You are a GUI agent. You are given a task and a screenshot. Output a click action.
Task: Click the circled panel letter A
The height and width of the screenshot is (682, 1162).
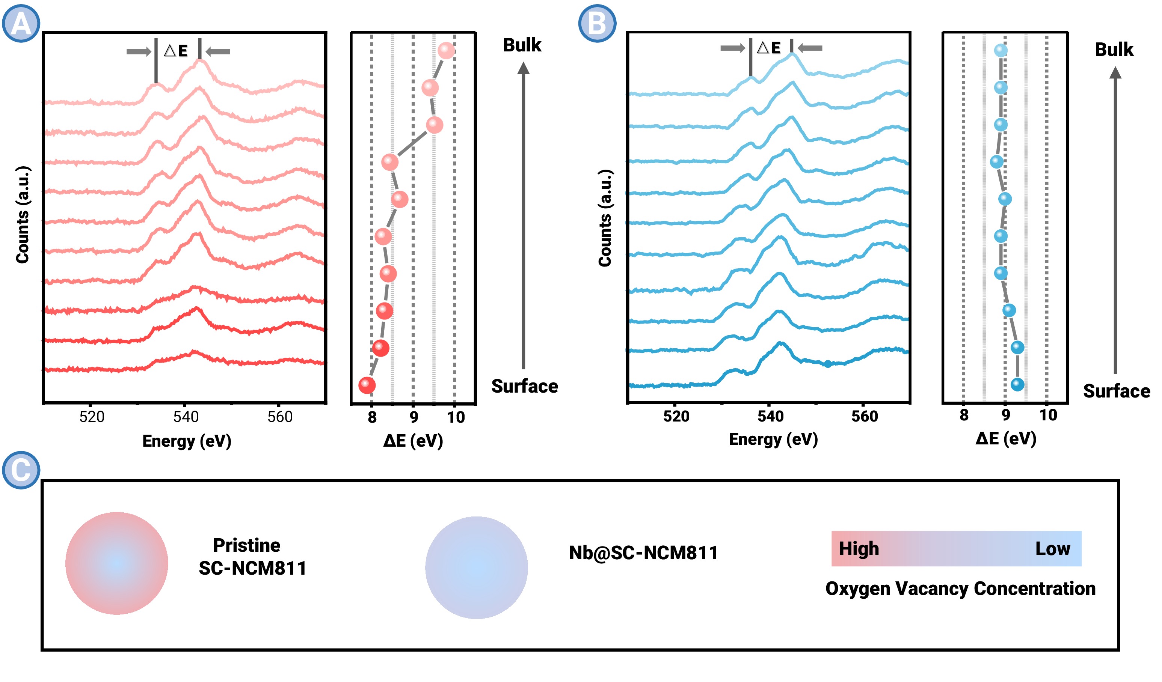(21, 23)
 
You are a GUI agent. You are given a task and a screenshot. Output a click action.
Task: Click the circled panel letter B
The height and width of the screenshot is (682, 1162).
(597, 23)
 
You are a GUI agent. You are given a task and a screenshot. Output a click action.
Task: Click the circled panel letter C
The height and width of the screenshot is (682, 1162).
(21, 470)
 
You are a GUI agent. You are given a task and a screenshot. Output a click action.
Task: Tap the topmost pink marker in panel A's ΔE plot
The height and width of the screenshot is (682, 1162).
(446, 50)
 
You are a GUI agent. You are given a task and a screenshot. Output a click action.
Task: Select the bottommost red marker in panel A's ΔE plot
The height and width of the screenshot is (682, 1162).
(367, 385)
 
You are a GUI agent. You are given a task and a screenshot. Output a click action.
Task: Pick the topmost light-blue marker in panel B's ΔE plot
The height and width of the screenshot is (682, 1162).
(1001, 50)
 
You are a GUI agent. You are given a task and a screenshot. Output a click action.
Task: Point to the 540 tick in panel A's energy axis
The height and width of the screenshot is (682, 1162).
(186, 417)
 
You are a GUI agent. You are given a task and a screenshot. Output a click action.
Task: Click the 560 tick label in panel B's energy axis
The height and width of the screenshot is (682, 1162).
(864, 416)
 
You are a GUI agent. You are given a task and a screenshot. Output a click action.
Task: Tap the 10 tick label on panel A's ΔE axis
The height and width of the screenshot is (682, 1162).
(456, 417)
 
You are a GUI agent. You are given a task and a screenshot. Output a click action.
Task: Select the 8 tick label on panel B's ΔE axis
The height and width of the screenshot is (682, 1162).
(964, 415)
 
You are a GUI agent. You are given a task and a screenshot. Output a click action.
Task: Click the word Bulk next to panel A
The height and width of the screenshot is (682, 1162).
(522, 45)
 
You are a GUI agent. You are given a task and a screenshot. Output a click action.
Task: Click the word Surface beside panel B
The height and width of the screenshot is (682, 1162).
(1116, 391)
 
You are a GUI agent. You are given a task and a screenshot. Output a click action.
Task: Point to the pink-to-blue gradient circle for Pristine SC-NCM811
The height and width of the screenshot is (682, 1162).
(117, 563)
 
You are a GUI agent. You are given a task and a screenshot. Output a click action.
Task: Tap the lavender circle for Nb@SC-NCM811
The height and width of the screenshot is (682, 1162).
(476, 567)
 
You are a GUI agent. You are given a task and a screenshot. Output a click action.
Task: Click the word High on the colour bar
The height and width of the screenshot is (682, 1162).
(859, 548)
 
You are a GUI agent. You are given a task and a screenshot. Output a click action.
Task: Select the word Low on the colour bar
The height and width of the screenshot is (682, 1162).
(1053, 548)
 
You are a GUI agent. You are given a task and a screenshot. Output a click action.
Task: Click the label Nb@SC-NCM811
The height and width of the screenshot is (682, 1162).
(643, 553)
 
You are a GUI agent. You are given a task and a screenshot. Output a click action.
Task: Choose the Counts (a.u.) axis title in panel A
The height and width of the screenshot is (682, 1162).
(23, 215)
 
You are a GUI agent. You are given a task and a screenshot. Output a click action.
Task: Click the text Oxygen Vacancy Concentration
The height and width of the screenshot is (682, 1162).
(960, 589)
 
